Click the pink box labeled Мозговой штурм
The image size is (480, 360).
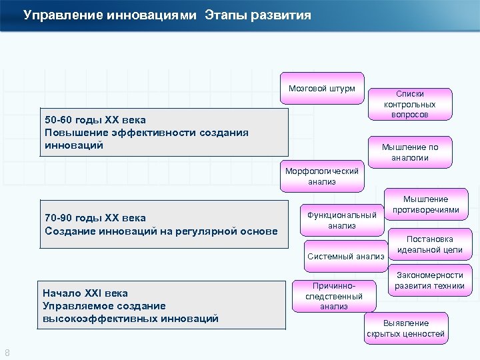coord(322,88)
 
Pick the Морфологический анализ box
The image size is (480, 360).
coord(321,176)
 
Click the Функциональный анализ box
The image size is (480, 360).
coord(341,220)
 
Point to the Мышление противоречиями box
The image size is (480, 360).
coord(425,204)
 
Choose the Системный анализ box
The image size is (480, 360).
coord(345,256)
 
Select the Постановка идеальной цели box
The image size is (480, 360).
coord(429,244)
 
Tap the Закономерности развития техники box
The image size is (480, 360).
coord(429,280)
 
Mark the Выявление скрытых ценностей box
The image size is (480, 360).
coord(405,328)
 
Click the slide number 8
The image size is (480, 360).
coord(7,353)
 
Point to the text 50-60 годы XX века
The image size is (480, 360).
coord(95,120)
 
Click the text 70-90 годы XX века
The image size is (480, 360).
coord(95,218)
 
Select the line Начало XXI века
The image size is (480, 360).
coord(85,293)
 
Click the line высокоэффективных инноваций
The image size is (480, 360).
coord(130,319)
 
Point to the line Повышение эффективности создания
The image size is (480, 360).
coord(146,132)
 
